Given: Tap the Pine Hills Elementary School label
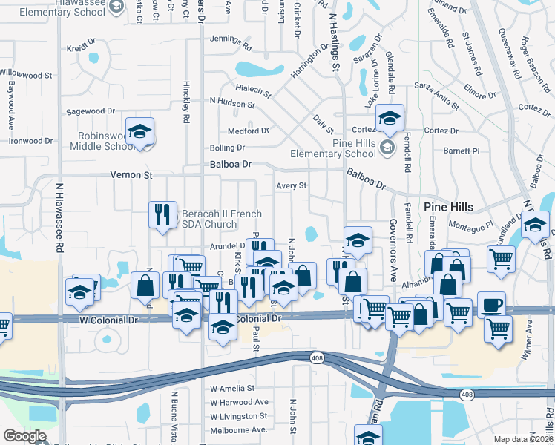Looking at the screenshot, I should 344,148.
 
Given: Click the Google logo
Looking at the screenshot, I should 24,436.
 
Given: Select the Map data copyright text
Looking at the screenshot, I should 524,439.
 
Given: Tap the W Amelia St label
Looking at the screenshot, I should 232,388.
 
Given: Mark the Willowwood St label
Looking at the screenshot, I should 26,74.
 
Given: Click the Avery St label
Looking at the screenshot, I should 292,185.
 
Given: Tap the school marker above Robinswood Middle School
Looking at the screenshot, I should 139,133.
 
